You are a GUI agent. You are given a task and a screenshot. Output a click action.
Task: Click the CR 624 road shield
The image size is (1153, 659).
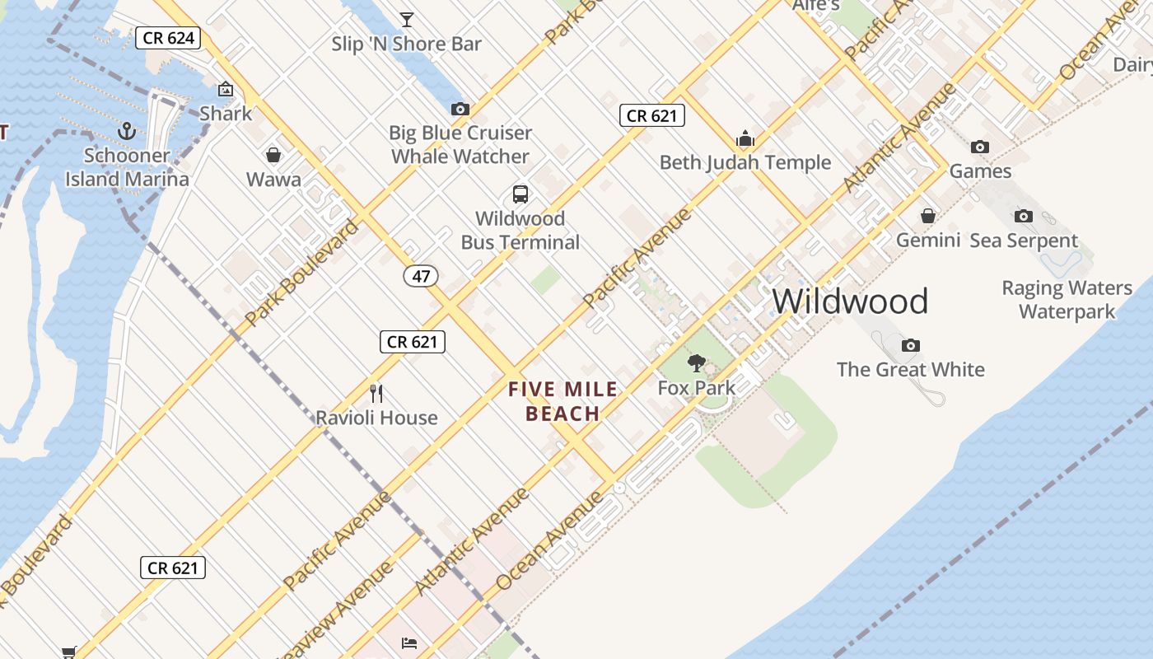(x=168, y=37)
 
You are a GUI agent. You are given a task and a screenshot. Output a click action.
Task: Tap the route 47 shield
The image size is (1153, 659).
(x=421, y=276)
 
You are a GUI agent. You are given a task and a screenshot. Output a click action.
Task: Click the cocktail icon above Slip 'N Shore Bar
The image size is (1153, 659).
(x=406, y=19)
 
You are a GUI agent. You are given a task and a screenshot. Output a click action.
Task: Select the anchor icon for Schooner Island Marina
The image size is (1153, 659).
(x=127, y=131)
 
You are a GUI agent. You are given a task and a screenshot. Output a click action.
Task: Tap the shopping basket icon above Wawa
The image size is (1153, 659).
(x=273, y=155)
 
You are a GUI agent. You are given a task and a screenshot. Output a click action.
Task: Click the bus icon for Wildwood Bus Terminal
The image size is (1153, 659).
(x=520, y=194)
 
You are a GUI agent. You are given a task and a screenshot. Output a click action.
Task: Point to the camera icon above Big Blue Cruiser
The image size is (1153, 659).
(x=460, y=109)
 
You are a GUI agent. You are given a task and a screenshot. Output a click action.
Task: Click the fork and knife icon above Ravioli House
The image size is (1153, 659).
(x=377, y=393)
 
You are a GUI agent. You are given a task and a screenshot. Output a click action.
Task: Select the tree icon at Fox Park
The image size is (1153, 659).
(x=697, y=362)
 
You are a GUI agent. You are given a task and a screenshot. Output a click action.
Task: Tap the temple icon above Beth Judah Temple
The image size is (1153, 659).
(x=745, y=138)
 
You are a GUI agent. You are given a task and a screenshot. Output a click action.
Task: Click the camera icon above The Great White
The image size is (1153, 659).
(x=910, y=345)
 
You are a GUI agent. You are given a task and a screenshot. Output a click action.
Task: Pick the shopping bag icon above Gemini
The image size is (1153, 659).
(x=928, y=216)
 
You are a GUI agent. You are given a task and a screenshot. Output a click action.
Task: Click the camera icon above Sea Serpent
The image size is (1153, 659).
(x=1024, y=216)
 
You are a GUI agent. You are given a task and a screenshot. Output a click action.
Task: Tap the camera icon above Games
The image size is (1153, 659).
(x=980, y=147)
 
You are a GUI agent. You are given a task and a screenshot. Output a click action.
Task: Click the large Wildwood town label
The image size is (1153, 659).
(x=850, y=301)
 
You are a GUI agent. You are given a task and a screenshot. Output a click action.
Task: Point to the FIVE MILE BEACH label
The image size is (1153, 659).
(x=563, y=401)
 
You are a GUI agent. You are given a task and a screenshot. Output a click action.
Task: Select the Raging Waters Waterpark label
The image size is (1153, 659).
(x=1067, y=300)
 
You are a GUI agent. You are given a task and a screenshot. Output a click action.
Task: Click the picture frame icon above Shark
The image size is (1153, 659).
(x=226, y=89)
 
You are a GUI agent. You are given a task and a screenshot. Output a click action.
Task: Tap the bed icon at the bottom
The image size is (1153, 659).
(x=409, y=643)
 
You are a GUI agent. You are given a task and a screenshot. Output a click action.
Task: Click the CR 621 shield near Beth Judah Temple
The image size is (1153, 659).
(x=651, y=115)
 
